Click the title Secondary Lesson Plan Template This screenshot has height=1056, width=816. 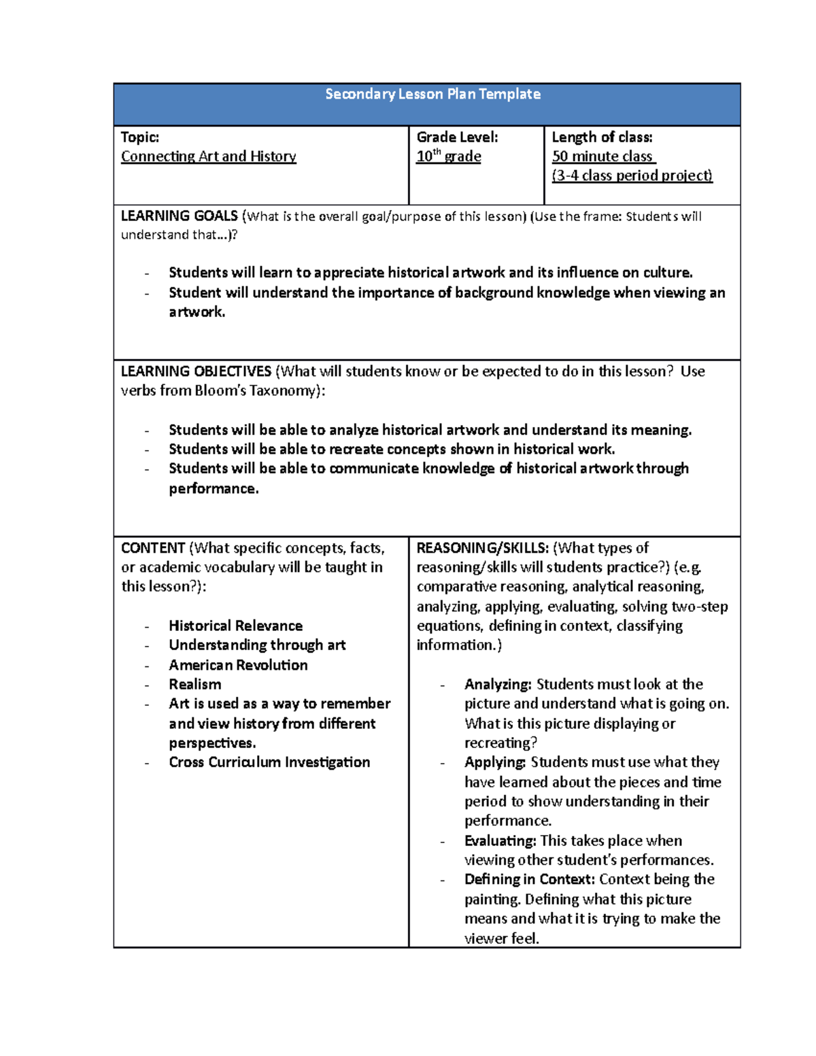click(x=432, y=95)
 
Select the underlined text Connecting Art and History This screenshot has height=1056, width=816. click(x=208, y=156)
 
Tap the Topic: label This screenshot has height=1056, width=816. click(x=140, y=137)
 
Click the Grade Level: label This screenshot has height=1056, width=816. click(x=457, y=137)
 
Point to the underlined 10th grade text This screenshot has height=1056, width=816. click(x=449, y=156)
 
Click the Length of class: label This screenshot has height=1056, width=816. click(x=602, y=137)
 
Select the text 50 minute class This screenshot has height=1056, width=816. click(x=602, y=156)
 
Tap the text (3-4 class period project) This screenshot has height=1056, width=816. click(x=632, y=175)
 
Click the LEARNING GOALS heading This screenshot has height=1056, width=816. click(x=179, y=216)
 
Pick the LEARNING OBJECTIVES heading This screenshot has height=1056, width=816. click(x=196, y=371)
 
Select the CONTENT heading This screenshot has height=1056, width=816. click(x=153, y=548)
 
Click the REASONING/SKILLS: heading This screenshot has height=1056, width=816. click(x=482, y=548)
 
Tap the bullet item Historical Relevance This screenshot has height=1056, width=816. click(x=235, y=626)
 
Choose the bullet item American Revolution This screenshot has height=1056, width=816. click(x=238, y=665)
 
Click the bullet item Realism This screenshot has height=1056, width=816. click(x=194, y=684)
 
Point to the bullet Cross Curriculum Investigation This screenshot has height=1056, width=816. click(x=269, y=762)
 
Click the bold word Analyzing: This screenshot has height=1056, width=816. click(x=498, y=684)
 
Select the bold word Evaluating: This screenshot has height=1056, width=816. click(x=500, y=841)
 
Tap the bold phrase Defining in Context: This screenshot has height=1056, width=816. click(x=529, y=879)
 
